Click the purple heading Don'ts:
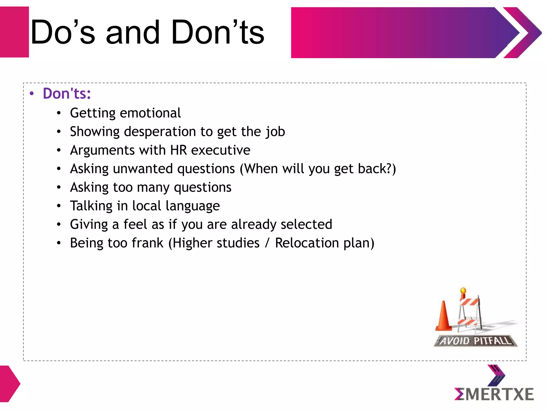click(x=67, y=93)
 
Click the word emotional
click(x=150, y=113)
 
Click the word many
click(x=153, y=187)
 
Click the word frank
click(x=147, y=243)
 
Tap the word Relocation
click(x=307, y=243)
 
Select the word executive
click(x=221, y=150)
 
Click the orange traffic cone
click(x=444, y=316)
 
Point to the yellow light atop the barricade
click(x=463, y=290)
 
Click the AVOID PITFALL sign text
click(x=475, y=341)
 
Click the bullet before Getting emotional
click(x=59, y=113)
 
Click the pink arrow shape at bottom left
click(x=9, y=384)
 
